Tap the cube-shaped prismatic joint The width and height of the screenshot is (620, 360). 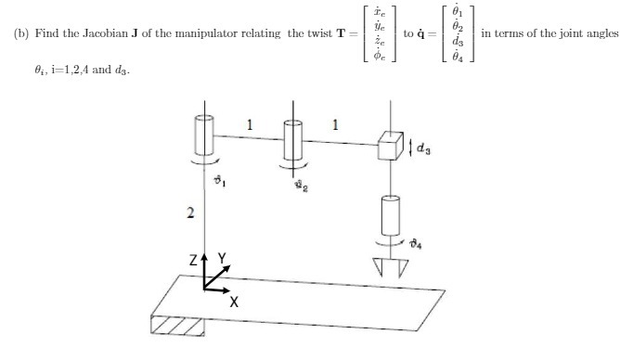point(390,147)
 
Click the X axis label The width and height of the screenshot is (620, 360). point(234,302)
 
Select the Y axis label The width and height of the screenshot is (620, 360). point(223,257)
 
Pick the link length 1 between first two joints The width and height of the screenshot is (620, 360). point(248,122)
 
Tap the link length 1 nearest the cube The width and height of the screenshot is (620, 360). point(335,122)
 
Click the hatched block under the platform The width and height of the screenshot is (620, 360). point(178,324)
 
